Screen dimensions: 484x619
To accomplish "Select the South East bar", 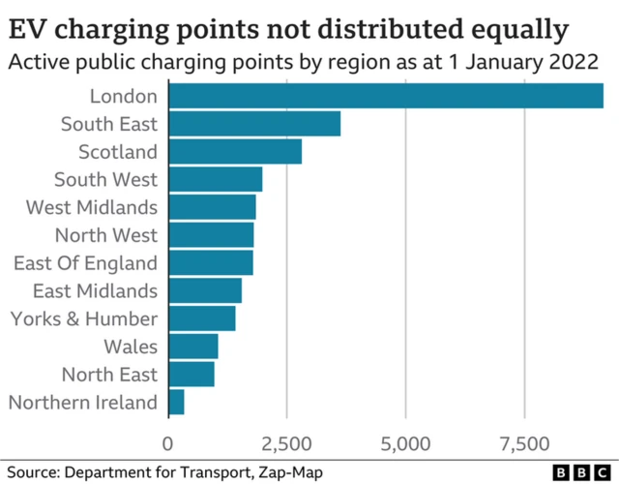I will point(254,124).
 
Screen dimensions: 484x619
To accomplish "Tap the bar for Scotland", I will point(235,152).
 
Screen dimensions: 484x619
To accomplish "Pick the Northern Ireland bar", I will point(176,403).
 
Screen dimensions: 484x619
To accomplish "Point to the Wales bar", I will point(193,347).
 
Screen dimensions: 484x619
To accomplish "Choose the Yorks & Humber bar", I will point(202,318).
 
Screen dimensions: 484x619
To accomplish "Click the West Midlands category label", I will point(92,207).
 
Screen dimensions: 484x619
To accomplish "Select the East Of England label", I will point(85,263).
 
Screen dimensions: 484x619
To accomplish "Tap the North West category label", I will point(105,235).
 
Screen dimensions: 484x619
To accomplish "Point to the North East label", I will point(109,375).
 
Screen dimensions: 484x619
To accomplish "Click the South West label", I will point(105,179).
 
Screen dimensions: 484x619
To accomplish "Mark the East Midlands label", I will point(95,290).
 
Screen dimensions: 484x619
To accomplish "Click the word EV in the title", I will point(26,30).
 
